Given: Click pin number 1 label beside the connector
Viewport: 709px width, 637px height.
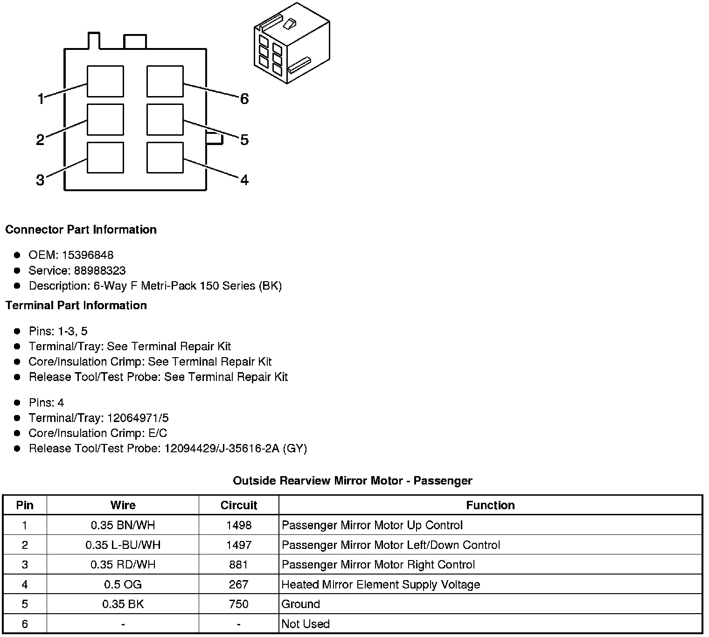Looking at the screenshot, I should [x=41, y=99].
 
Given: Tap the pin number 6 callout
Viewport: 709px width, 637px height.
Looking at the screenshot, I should [x=244, y=99].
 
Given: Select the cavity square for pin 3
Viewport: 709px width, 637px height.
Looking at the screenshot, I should [x=105, y=158].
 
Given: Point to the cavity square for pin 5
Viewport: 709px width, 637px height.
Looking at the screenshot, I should [x=165, y=120].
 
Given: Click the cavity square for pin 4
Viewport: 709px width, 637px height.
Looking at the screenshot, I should [x=165, y=158].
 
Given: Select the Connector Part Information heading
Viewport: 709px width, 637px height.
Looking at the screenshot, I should [x=81, y=229].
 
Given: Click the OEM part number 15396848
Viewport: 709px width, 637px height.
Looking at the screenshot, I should [x=88, y=255].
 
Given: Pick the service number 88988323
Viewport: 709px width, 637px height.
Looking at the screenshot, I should [x=100, y=270].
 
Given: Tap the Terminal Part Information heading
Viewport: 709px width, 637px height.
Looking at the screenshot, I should [x=76, y=305].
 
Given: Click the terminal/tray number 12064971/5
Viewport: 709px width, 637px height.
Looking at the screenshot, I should [x=138, y=418].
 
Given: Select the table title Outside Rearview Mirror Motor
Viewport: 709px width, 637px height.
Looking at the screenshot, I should [x=352, y=481].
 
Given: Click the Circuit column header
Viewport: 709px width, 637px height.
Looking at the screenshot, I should [x=239, y=505].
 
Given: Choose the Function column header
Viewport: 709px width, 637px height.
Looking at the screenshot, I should [x=490, y=505].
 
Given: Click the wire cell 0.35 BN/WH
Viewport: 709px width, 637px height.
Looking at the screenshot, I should [x=123, y=525].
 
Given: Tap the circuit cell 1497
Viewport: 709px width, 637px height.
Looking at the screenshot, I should [x=239, y=545].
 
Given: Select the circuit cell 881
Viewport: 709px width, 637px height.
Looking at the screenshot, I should [x=239, y=565].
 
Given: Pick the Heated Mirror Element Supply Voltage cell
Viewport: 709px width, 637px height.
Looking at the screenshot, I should [x=381, y=585].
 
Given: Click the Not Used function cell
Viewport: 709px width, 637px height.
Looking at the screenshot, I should [x=306, y=624].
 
